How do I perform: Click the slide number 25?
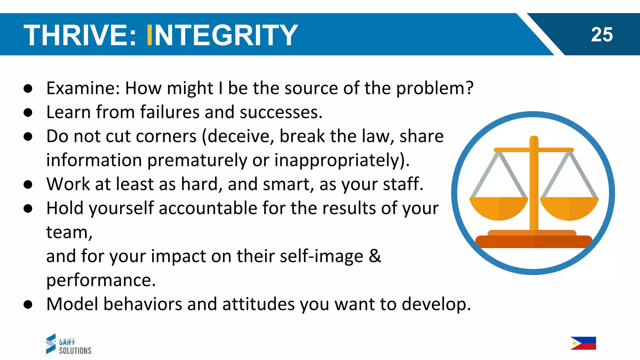tap(602, 34)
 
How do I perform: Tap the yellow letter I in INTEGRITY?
tap(149, 35)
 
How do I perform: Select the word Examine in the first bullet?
tap(83, 88)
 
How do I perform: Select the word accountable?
tap(207, 208)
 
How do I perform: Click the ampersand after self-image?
tap(375, 256)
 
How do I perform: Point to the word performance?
tap(101, 280)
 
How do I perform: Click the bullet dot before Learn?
tap(28, 112)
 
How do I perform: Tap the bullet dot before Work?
tap(28, 184)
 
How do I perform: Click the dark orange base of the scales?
tap(533, 242)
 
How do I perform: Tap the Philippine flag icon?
tap(583, 343)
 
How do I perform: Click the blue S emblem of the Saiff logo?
tap(51, 344)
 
